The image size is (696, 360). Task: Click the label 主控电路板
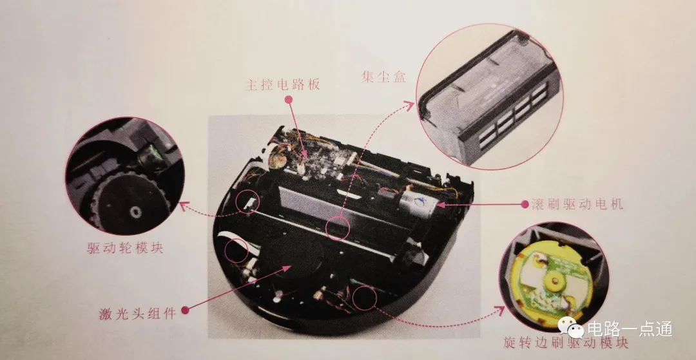coord(283,84)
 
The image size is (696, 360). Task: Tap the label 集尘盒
coord(383,77)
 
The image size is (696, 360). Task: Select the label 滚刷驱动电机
coord(577,204)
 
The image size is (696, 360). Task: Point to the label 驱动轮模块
coord(125,247)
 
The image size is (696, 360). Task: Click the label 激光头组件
coord(138,314)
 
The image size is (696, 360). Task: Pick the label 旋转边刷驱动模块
coord(566,342)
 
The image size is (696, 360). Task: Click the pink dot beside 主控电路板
coord(289,100)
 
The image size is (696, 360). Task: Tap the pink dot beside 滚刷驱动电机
coord(525,204)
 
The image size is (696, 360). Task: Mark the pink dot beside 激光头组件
coord(185,310)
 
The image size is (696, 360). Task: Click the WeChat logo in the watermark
coord(571,327)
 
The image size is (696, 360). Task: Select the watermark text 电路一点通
coord(630,329)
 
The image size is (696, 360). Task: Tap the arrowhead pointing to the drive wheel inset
coord(183,205)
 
